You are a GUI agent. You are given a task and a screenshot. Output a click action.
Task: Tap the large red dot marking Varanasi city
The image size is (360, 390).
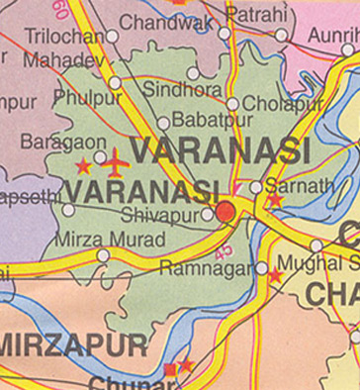click(226, 211)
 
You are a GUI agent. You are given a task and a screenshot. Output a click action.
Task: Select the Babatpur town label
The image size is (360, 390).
click(208, 121)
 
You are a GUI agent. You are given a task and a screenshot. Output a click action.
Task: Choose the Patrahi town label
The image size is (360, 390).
click(256, 14)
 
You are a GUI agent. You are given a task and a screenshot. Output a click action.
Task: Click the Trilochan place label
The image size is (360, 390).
click(65, 37)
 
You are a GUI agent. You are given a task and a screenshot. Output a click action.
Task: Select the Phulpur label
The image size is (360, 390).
click(89, 97)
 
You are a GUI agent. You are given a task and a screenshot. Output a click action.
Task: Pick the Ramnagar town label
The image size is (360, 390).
click(208, 266)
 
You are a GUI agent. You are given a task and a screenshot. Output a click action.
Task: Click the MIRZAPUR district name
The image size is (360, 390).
click(74, 346)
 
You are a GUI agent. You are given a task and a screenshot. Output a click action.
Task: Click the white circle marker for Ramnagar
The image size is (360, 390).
click(261, 267)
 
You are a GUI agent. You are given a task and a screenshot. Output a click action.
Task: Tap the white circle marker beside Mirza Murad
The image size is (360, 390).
click(103, 255)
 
